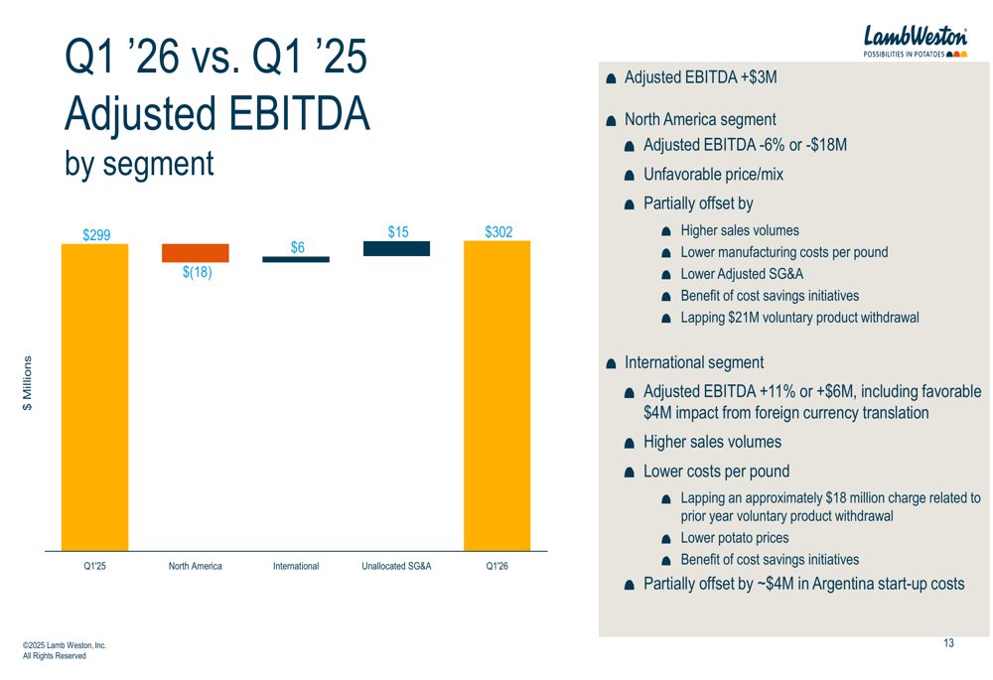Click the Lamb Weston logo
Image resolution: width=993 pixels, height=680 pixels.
click(x=915, y=41)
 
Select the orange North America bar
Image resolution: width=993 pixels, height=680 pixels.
click(x=196, y=253)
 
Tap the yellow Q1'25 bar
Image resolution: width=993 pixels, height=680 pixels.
click(x=95, y=397)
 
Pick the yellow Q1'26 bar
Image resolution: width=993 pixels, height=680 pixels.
click(x=497, y=397)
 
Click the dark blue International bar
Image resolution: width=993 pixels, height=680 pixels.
click(x=296, y=259)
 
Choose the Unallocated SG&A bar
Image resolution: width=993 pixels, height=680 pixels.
click(x=396, y=248)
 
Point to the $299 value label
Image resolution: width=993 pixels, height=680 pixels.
click(x=96, y=235)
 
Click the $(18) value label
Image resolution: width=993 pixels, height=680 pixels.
click(x=197, y=273)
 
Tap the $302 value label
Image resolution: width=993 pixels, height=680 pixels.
click(x=498, y=232)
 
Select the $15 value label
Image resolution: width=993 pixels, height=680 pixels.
click(x=397, y=232)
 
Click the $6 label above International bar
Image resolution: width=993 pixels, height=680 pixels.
click(x=297, y=248)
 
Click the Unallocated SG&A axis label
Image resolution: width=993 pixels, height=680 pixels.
click(x=396, y=566)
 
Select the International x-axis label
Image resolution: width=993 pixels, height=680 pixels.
click(x=296, y=566)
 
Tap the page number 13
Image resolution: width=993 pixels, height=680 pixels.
click(x=948, y=644)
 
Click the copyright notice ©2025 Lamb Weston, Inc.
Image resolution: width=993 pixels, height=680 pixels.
click(x=64, y=646)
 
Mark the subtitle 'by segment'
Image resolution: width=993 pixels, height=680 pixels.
click(x=139, y=164)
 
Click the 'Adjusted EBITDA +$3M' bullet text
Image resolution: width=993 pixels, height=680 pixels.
click(x=701, y=76)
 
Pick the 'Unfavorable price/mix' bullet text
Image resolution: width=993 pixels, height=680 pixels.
click(x=713, y=175)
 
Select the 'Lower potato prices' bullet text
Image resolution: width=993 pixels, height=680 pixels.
click(x=735, y=538)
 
